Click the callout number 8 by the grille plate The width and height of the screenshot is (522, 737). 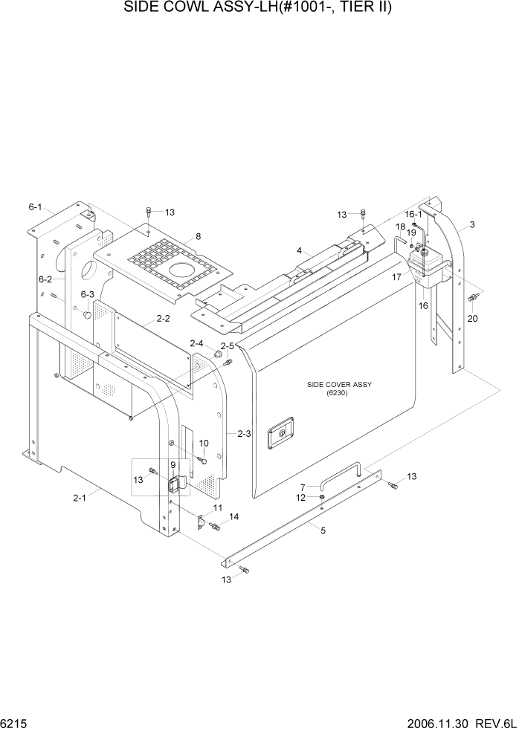pos(198,237)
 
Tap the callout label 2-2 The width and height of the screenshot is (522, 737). pos(163,319)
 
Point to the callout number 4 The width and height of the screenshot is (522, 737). pos(299,251)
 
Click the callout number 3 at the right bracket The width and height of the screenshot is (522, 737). pos(472,224)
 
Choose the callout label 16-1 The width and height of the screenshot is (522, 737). pos(414,214)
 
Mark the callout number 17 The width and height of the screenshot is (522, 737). pos(396,276)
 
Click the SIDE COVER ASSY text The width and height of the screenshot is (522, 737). pos(338,384)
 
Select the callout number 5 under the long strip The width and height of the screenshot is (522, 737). pos(323,530)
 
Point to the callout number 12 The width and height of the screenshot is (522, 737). pos(301,498)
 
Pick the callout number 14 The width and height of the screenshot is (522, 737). pos(233,516)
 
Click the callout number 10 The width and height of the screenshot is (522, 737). pos(204,444)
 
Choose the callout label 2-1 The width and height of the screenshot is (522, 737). pos(80,498)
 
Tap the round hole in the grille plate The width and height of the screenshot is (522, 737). pos(179,270)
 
